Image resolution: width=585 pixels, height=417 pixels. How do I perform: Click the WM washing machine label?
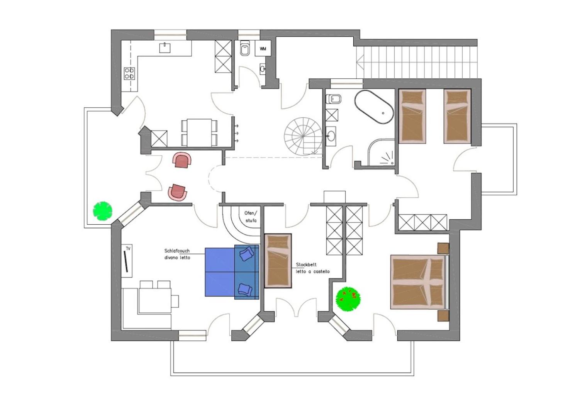263,49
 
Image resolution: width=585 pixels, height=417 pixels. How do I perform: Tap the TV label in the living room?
128,249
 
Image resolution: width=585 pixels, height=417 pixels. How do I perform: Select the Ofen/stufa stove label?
251,217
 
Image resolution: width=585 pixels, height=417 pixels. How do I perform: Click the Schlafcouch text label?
177,251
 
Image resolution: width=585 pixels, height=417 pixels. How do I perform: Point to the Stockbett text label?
306,265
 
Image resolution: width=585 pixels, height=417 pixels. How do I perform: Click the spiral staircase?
303,136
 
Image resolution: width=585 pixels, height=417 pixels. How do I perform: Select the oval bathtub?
374,107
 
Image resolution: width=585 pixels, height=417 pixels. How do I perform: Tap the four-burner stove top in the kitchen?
129,73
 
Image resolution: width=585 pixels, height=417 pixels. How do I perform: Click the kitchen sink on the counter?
165,48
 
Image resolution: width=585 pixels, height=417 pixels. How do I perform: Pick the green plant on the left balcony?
103,211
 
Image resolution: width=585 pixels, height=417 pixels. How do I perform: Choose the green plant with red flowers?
348,299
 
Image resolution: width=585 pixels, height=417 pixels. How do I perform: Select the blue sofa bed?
232,272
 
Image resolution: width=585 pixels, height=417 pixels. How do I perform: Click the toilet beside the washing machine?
245,48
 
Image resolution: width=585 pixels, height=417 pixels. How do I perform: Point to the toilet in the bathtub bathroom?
334,99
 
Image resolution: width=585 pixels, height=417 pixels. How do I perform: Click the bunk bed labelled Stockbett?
278,261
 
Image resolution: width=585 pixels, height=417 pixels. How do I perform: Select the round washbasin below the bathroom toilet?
331,136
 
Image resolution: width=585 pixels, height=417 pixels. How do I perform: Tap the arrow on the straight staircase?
360,63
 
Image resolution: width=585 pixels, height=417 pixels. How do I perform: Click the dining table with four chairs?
199,133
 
